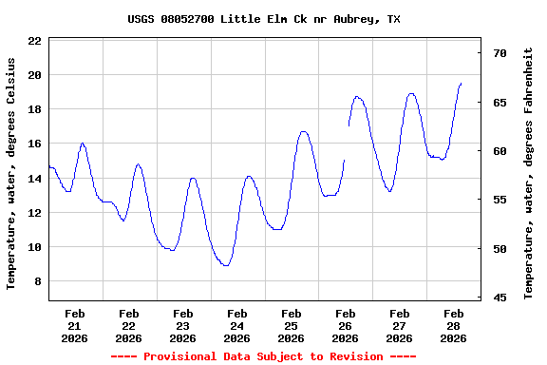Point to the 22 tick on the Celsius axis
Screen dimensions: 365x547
[34, 41]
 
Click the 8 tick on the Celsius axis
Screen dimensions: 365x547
[37, 281]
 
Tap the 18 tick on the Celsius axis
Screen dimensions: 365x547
[34, 109]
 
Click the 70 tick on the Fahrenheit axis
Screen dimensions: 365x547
[499, 53]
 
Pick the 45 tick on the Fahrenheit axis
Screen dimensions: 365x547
[499, 298]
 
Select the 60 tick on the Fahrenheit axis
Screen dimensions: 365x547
[499, 151]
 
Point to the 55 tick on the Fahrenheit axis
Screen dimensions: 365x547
[499, 200]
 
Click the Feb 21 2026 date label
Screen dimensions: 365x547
[74, 325]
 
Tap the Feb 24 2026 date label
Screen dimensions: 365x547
[236, 325]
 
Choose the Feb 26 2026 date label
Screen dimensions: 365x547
[345, 325]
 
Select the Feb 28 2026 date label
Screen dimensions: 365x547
[453, 325]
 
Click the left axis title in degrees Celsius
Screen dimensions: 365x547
[11, 172]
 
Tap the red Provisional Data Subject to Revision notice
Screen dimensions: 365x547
[263, 356]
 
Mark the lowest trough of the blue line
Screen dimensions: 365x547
[225, 265]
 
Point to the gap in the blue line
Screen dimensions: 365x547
[347, 143]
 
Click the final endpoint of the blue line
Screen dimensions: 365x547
[461, 84]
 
